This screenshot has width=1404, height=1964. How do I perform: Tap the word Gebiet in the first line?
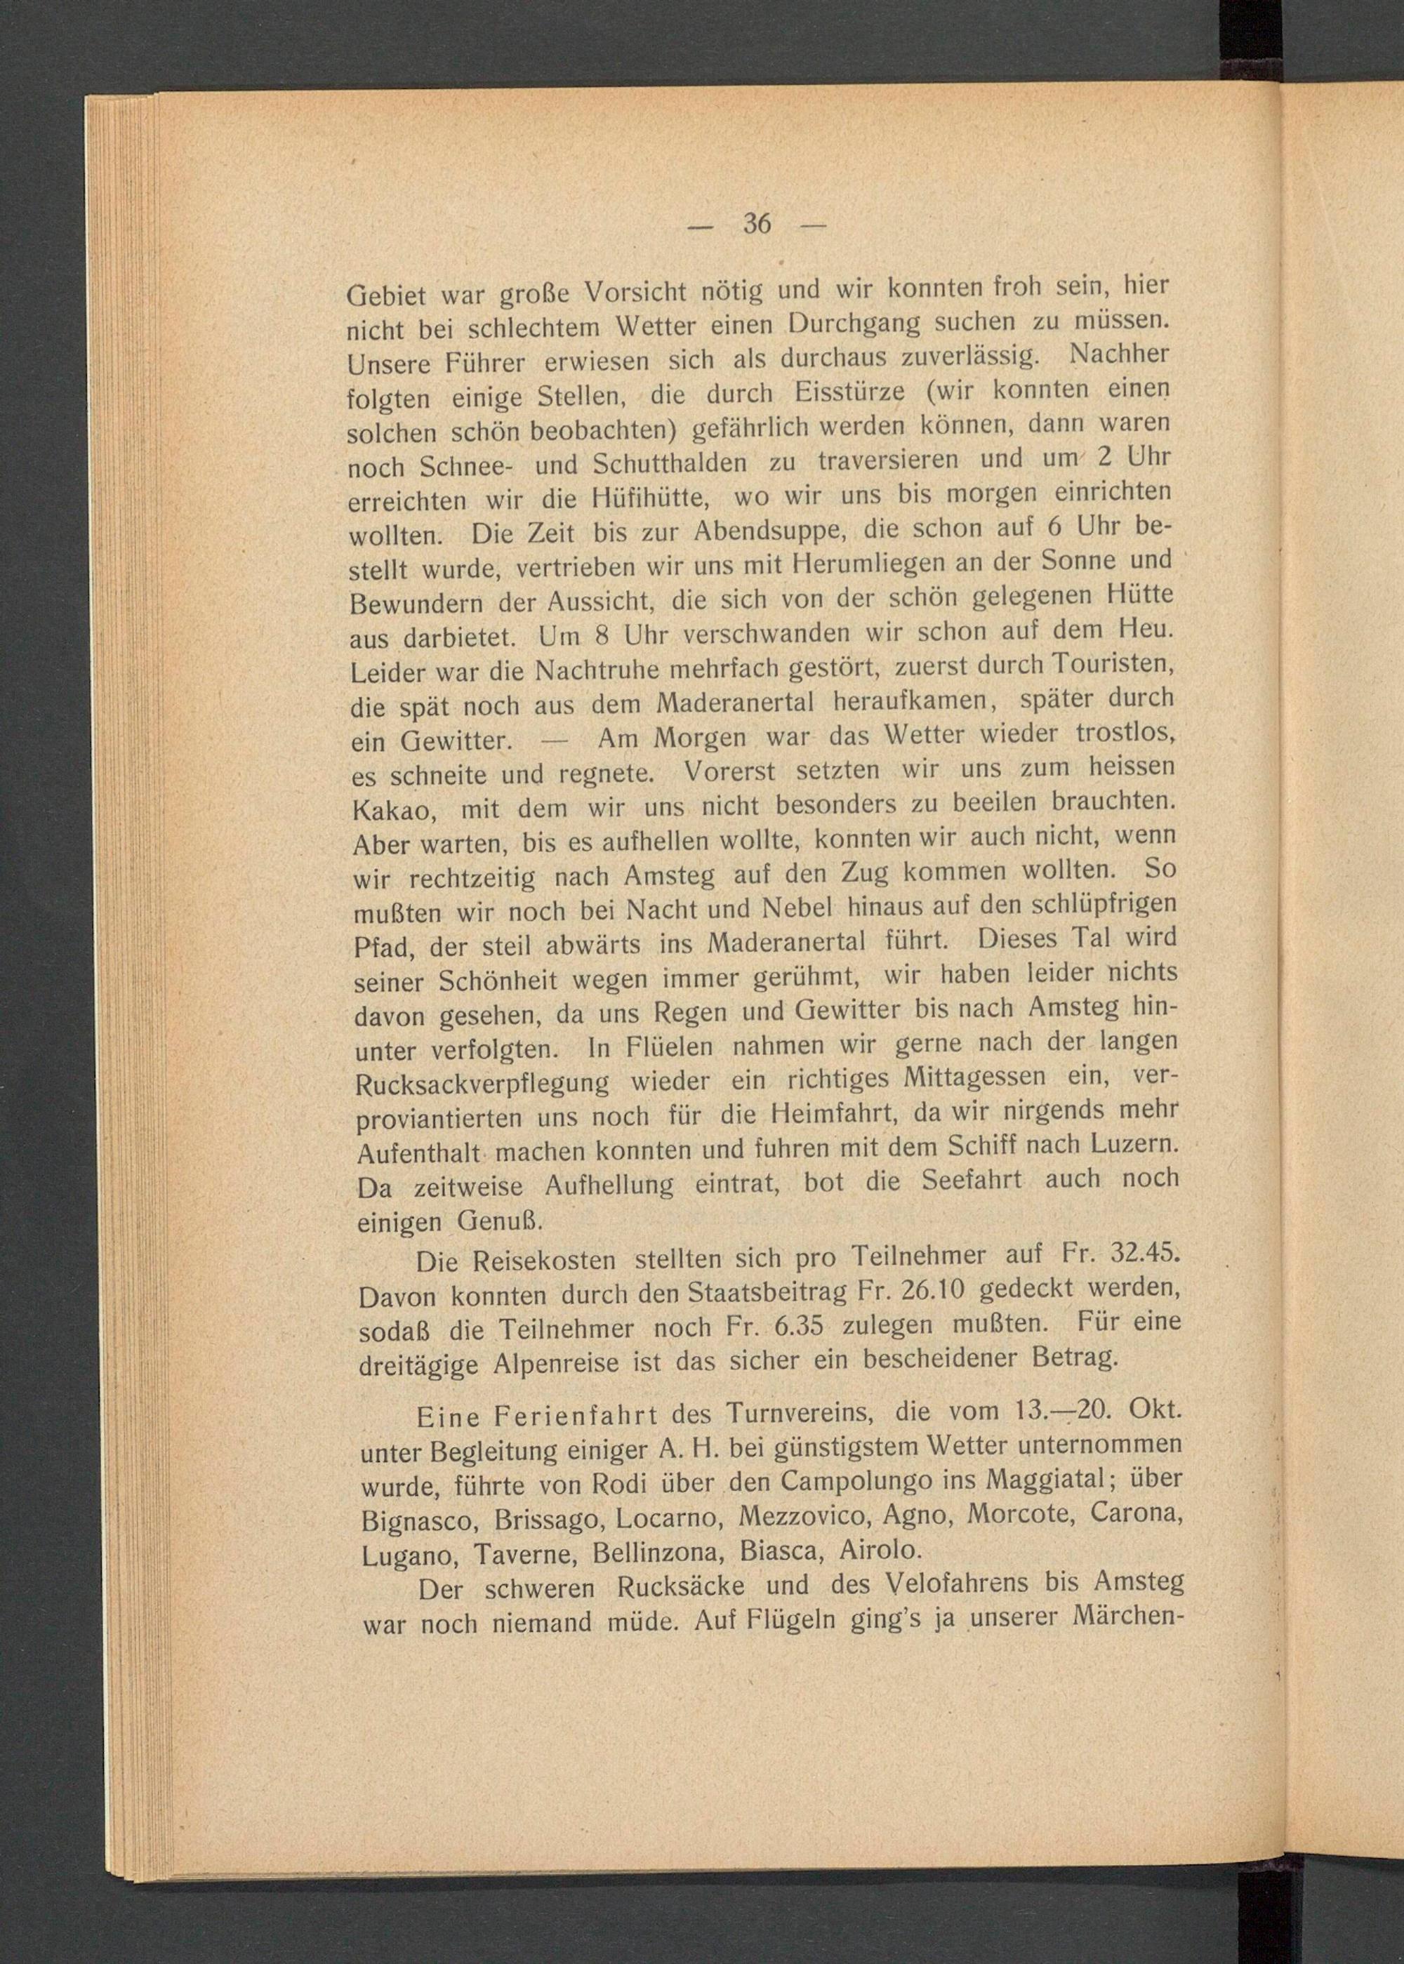coord(385,296)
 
